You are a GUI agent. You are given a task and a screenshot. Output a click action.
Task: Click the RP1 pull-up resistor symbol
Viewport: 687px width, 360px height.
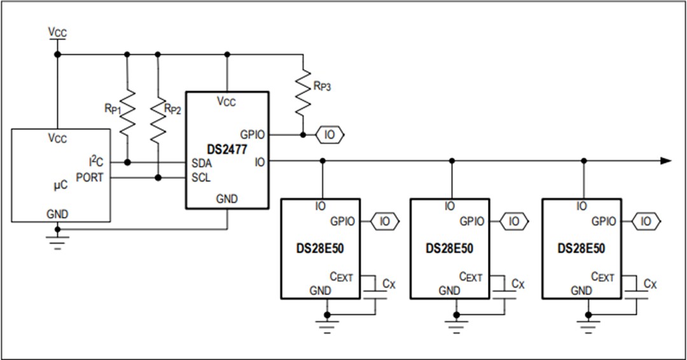coord(128,111)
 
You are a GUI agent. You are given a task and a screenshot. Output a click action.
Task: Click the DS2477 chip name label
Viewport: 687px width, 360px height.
coord(227,149)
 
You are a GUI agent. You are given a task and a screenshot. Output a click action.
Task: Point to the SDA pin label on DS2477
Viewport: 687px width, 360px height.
coord(202,163)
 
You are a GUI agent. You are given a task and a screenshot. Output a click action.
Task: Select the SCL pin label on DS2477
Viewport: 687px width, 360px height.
coord(202,177)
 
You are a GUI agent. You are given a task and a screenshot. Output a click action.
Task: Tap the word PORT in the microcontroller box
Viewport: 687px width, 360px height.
coord(90,177)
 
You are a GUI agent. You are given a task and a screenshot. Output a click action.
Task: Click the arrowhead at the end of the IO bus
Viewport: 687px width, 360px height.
coord(665,161)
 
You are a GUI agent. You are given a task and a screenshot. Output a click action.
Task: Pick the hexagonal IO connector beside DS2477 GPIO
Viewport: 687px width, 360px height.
coord(330,135)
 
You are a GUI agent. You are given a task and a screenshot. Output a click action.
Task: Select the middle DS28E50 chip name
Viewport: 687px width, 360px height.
coord(450,249)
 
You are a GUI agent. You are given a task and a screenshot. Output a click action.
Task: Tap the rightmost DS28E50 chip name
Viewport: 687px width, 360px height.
coord(581,249)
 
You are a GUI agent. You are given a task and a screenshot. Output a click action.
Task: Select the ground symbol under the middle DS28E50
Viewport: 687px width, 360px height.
coord(456,326)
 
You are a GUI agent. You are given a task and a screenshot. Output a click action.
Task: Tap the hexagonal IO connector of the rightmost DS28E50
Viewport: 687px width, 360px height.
coord(646,221)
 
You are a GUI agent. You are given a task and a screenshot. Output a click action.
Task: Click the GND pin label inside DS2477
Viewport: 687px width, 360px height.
coord(226,199)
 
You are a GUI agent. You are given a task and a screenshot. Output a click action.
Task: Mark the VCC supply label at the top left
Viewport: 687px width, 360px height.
coord(57,32)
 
